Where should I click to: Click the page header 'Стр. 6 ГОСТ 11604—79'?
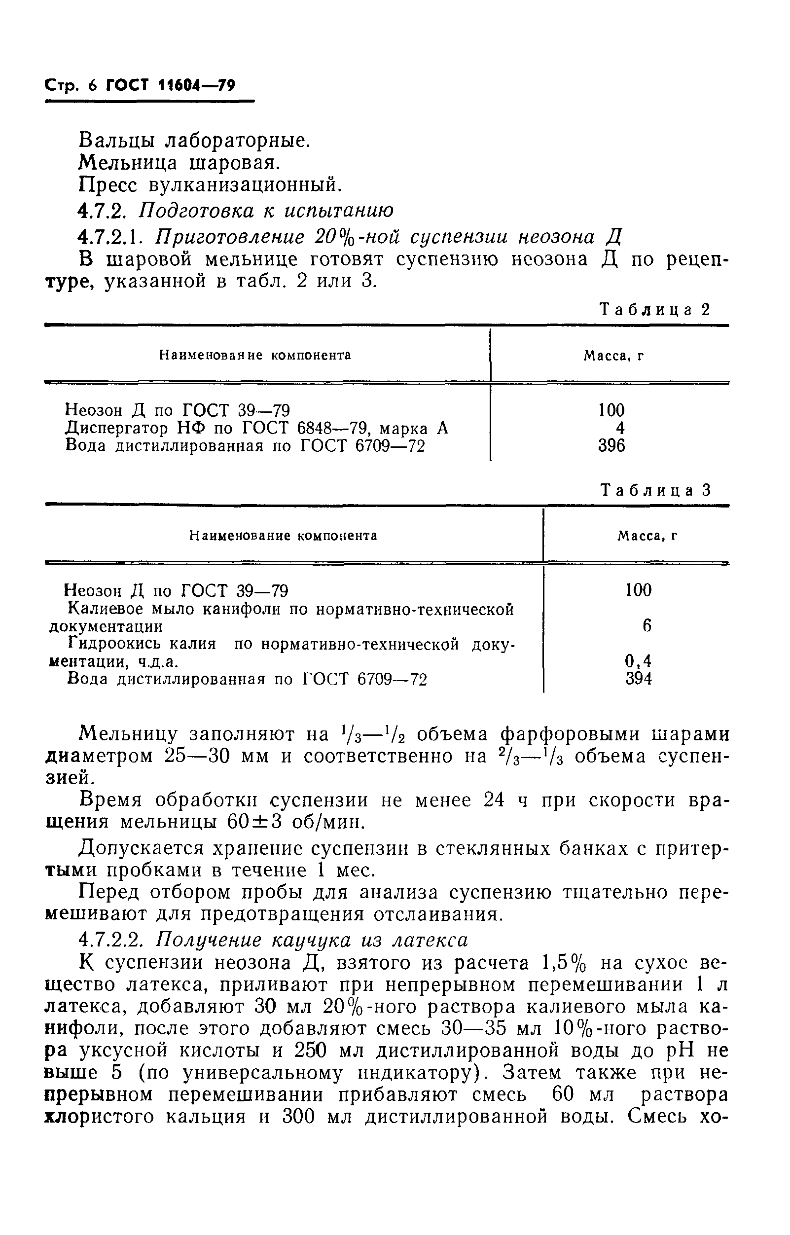140,85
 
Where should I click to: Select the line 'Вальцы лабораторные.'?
194,140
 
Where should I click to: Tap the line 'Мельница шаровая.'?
180,163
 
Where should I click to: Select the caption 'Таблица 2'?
655,309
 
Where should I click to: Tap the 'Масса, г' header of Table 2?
613,356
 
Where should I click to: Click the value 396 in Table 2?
611,446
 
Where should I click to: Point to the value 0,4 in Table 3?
638,661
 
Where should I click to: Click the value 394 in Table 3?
639,679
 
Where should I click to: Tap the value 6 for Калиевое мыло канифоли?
646,626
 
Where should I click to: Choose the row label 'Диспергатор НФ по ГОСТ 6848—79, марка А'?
257,428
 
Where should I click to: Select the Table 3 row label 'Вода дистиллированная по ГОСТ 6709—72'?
247,679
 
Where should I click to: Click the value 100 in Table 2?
611,410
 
